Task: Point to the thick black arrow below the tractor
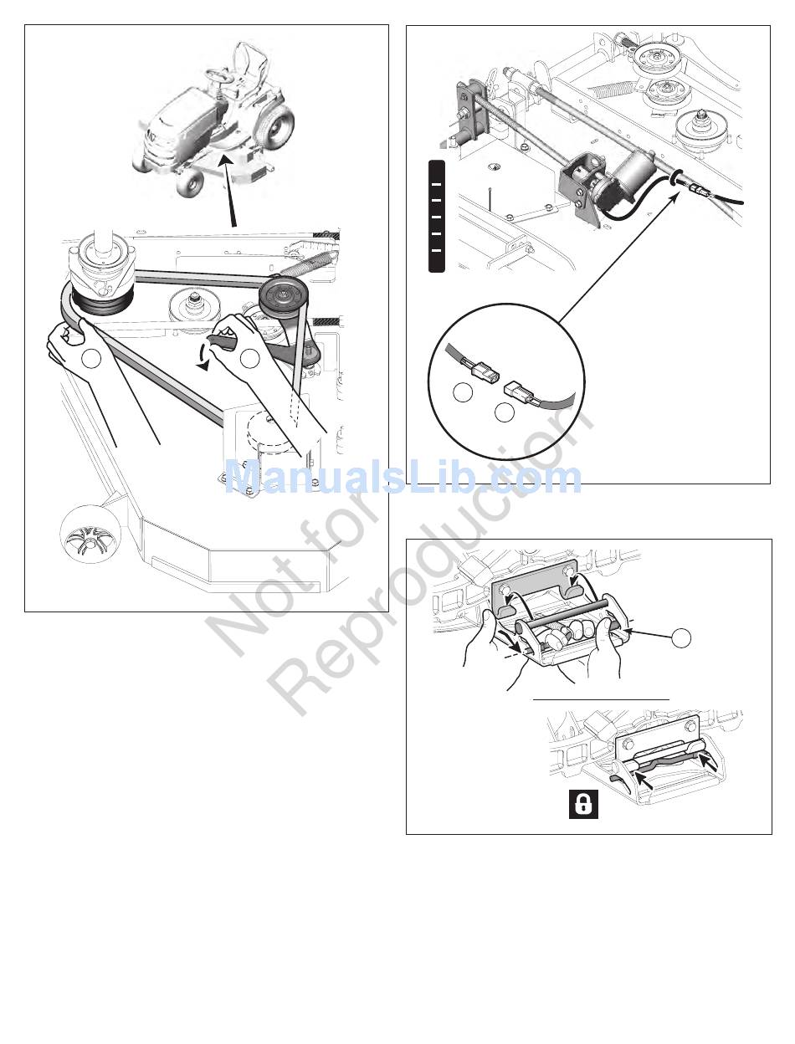228,192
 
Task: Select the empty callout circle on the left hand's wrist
91,359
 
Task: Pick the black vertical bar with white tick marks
436,217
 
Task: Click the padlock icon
583,804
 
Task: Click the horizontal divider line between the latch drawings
602,699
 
